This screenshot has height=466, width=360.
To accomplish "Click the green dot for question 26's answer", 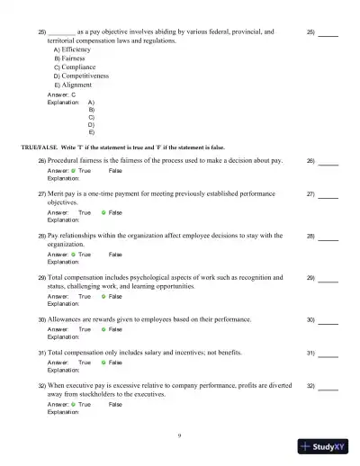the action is pos(73,170).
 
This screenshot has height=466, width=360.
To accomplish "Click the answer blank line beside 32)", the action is pos(328,388).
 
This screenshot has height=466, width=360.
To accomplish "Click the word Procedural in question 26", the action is pos(64,160).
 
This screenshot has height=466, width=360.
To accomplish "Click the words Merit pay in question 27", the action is pos(61,193).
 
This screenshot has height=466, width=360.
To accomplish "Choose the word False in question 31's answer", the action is pos(115,362).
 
